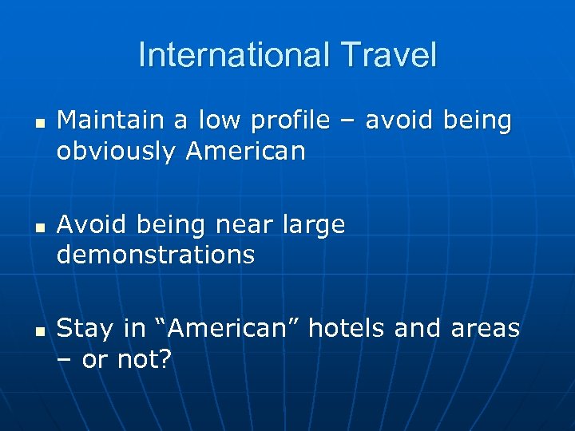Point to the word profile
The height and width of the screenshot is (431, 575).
coord(288,121)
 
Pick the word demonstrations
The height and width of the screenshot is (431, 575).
coord(156,255)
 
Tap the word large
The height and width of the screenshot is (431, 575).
coord(314,226)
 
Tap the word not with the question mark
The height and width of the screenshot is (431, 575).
coord(144,359)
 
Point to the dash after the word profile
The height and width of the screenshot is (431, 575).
coord(347,121)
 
